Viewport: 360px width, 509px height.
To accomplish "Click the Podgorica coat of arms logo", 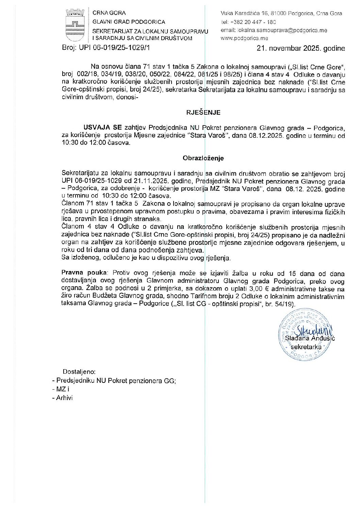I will (x=75, y=25).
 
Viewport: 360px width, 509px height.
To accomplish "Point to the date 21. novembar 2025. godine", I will (x=301, y=48).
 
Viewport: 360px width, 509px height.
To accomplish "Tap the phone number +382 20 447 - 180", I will (x=253, y=22).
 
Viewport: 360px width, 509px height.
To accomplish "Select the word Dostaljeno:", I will (x=79, y=372).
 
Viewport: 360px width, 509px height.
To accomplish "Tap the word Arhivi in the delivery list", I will (x=64, y=398).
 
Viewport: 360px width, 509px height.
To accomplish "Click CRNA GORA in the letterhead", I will (x=109, y=13).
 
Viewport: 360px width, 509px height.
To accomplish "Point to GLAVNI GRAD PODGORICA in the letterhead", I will (x=129, y=22).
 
